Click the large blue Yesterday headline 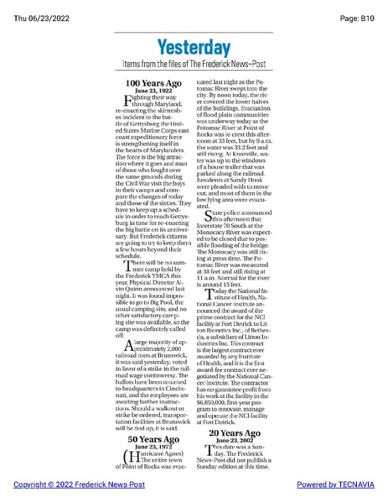click(194, 47)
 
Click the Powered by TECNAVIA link click(334, 486)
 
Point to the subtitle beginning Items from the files click(194, 65)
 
